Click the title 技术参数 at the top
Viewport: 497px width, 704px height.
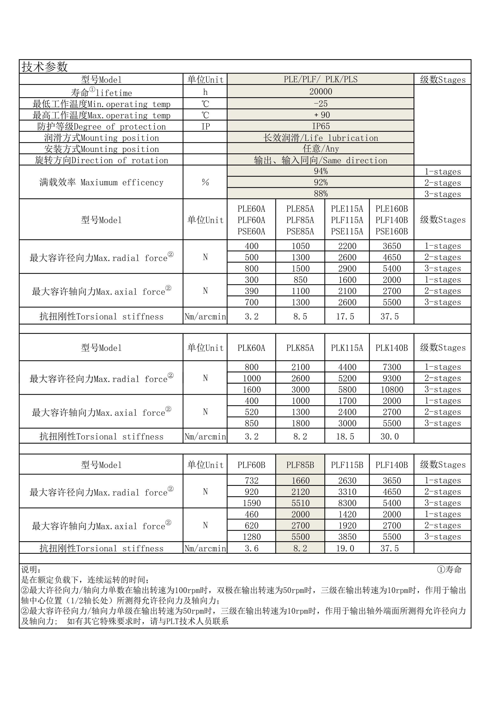pos(45,67)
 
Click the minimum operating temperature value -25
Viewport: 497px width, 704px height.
pos(321,104)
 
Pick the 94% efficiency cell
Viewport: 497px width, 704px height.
pos(321,171)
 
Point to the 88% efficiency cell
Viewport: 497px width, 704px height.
pos(321,194)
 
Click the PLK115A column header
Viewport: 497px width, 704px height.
pos(347,348)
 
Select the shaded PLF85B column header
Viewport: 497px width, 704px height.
pos(300,465)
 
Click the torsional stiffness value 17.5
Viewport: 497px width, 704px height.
pos(345,316)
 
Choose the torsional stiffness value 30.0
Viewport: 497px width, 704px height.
pos(390,436)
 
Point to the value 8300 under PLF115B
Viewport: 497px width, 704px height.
pos(347,503)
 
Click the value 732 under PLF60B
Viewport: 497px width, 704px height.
pos(251,480)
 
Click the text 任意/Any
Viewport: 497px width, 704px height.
pos(321,149)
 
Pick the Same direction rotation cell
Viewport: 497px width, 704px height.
pos(321,160)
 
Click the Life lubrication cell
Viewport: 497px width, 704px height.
pos(321,138)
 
